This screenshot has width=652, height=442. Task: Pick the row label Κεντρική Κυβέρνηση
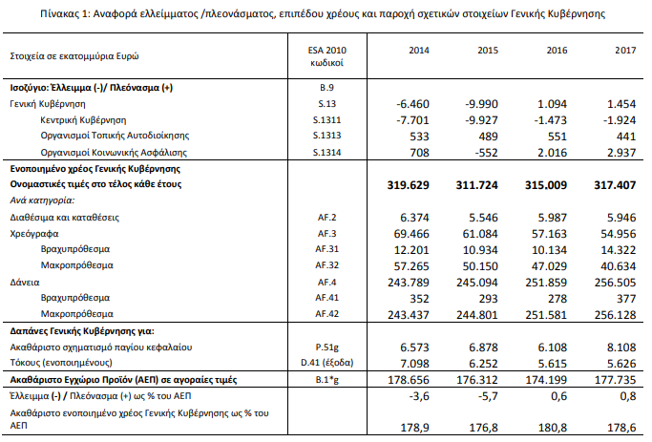pos(83,119)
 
